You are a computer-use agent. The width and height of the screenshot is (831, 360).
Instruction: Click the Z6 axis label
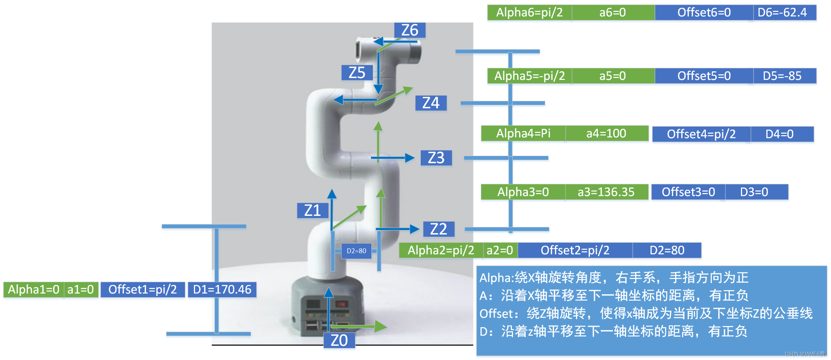click(410, 30)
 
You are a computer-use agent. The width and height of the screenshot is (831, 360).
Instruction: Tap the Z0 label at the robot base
click(339, 340)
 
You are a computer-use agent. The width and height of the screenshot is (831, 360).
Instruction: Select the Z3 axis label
click(436, 158)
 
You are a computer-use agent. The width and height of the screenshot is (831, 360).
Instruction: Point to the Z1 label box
click(312, 211)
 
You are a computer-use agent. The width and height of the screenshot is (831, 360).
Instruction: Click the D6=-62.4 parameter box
click(784, 13)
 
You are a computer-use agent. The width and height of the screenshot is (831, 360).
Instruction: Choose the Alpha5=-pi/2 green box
click(529, 76)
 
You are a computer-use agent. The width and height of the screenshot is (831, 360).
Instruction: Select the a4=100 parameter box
click(606, 133)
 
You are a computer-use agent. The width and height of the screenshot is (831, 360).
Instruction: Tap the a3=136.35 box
click(606, 192)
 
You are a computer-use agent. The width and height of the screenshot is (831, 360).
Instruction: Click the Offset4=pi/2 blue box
click(701, 134)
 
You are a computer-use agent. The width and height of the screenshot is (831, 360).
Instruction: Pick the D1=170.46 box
click(222, 289)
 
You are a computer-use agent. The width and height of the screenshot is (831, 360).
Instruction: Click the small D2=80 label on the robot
click(356, 251)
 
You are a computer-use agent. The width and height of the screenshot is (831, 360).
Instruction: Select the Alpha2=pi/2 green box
click(441, 250)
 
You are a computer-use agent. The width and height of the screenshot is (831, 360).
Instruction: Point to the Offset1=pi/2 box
click(142, 289)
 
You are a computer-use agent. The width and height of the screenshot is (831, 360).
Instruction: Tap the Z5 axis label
click(357, 73)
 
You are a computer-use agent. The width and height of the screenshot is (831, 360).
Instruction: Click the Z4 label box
click(430, 103)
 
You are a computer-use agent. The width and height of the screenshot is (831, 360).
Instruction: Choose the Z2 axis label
click(438, 229)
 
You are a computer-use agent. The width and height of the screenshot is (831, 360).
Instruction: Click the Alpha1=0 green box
click(34, 289)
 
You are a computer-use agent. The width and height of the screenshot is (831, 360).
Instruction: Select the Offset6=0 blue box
click(704, 13)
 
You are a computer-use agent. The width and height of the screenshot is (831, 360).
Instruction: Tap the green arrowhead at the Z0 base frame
click(381, 326)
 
